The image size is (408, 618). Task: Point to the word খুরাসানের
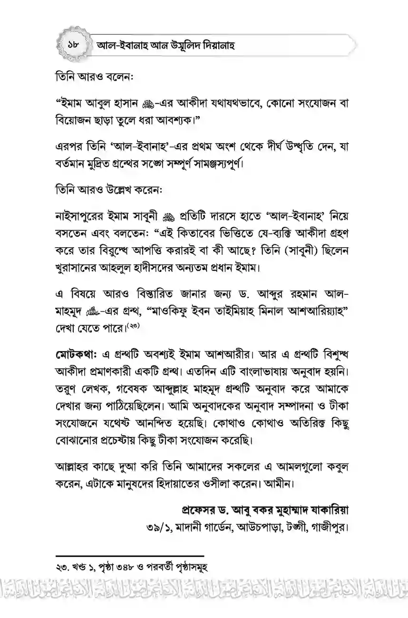(79, 268)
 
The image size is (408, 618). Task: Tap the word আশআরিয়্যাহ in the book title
(309, 311)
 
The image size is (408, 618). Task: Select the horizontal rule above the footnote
(130, 555)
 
